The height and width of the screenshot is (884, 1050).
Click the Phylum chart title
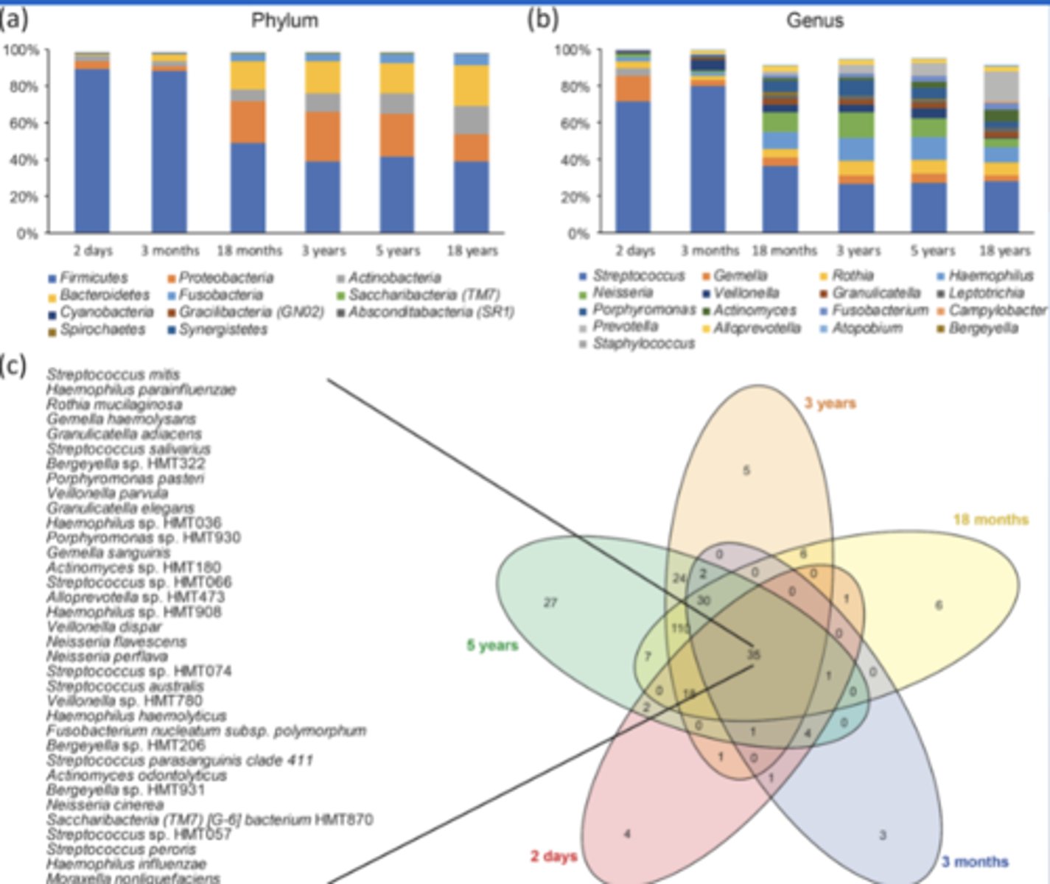pos(284,20)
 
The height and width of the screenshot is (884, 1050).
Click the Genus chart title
pos(814,20)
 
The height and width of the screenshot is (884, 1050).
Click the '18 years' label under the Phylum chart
pos(472,250)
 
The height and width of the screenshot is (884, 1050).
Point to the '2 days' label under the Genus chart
pos(635,250)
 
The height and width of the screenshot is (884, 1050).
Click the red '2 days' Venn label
pos(553,856)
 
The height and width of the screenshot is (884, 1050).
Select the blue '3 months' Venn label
pos(974,861)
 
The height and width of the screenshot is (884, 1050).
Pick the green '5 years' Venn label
pos(492,645)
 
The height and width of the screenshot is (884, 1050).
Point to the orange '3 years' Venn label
pos(830,403)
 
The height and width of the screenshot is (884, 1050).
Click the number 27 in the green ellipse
pos(550,603)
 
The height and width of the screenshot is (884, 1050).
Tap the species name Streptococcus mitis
pos(113,374)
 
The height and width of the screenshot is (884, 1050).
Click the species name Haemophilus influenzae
pos(126,863)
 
